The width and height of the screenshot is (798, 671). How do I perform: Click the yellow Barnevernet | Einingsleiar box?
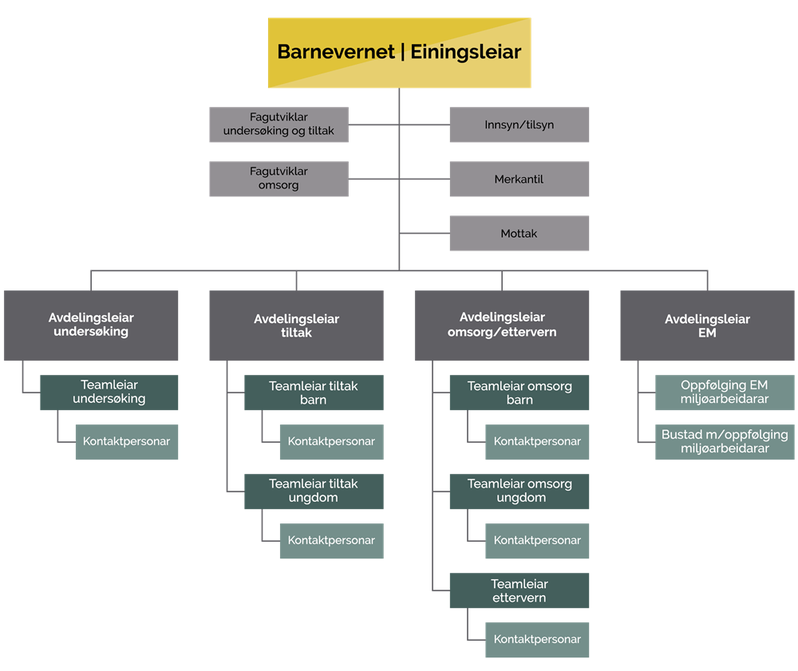(x=399, y=53)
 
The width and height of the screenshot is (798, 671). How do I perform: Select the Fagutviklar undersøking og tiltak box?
(x=279, y=124)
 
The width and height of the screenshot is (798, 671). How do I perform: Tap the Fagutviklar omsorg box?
(x=279, y=179)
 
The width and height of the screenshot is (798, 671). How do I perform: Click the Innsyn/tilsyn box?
(x=519, y=125)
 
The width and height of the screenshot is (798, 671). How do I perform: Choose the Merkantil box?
(x=519, y=180)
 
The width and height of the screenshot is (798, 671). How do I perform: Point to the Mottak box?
(x=519, y=234)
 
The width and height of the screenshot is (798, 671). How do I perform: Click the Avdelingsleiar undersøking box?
(x=91, y=325)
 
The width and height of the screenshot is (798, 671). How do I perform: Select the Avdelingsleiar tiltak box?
(x=296, y=325)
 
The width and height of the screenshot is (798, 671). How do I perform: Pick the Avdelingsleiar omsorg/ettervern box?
(x=502, y=325)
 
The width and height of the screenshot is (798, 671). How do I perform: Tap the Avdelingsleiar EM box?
(x=707, y=325)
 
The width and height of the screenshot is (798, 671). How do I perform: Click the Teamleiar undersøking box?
(x=109, y=393)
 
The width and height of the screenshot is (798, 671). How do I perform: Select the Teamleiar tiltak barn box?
(x=314, y=393)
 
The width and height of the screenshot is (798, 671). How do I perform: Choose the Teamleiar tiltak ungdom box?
(x=314, y=491)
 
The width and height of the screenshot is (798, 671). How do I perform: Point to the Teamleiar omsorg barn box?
(x=519, y=393)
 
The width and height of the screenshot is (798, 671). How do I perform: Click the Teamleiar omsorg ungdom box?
(x=519, y=491)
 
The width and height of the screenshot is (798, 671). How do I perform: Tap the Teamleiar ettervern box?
(x=519, y=590)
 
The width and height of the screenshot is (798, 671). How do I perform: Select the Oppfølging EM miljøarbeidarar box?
(x=725, y=393)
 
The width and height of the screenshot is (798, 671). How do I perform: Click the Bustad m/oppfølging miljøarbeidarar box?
(x=725, y=442)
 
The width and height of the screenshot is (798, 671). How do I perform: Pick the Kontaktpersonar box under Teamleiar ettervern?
(x=537, y=640)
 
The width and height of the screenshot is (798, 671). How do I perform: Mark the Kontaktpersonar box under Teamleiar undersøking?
(x=127, y=442)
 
